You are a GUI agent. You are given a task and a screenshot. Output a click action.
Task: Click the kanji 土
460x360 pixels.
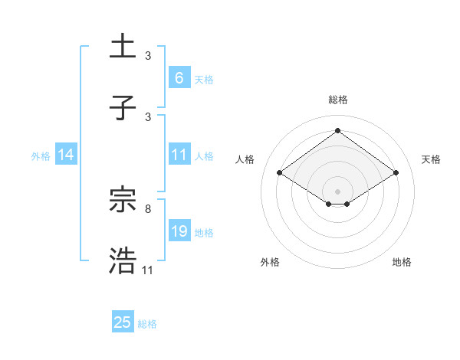click(123, 47)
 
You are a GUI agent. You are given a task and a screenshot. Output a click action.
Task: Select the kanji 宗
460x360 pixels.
click(123, 200)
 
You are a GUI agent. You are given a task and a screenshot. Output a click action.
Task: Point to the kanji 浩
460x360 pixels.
click(123, 260)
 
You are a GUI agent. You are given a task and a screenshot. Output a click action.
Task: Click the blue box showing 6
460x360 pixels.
click(179, 77)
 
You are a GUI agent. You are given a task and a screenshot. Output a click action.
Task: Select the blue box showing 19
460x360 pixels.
click(179, 231)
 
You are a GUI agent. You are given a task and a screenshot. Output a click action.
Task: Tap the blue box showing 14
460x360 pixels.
click(66, 155)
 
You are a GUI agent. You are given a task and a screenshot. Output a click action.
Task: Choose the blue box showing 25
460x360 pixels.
click(123, 322)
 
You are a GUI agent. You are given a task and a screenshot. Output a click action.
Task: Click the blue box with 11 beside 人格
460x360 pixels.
click(179, 155)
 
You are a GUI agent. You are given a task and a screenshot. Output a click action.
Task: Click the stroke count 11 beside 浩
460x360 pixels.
click(147, 270)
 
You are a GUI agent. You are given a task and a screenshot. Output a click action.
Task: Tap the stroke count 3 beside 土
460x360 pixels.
click(147, 55)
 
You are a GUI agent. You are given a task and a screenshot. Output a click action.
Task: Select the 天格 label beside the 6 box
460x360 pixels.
click(204, 79)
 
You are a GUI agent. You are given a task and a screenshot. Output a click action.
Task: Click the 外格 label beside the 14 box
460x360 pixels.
click(41, 155)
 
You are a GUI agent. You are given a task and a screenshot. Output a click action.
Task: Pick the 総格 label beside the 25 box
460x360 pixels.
click(147, 324)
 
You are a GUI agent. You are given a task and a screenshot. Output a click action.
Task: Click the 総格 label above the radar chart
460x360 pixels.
click(337, 100)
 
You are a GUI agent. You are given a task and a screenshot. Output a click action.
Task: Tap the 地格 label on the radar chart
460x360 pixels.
click(402, 262)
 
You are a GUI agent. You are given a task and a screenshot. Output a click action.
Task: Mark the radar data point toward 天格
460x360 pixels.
click(396, 173)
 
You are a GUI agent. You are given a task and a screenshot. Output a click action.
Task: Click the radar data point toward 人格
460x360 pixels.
click(280, 173)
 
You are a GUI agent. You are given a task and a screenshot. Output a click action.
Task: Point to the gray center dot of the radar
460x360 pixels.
click(337, 190)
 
